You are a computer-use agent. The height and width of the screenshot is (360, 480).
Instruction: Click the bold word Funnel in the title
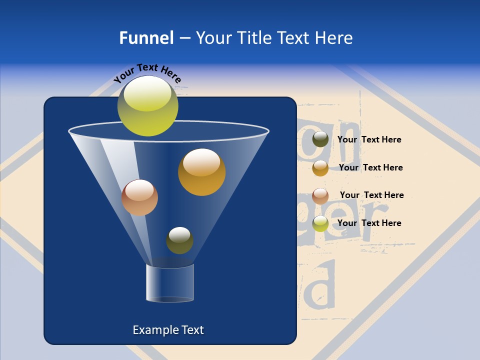(x=146, y=38)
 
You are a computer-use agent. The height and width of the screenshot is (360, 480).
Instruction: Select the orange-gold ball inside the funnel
(x=202, y=172)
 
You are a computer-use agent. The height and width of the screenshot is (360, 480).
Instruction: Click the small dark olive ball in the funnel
(x=179, y=240)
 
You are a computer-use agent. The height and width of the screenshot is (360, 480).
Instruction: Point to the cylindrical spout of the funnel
(x=170, y=283)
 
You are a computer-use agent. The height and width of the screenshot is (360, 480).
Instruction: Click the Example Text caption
(x=168, y=330)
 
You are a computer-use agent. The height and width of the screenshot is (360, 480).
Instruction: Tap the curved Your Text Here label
(x=147, y=73)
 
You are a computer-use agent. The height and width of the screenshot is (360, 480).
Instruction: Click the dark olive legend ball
(x=320, y=139)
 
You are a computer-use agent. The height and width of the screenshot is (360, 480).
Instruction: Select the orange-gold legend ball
(x=320, y=168)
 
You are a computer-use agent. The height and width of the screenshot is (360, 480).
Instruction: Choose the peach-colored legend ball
(x=320, y=195)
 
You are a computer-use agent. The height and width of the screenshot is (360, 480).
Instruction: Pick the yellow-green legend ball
(x=320, y=223)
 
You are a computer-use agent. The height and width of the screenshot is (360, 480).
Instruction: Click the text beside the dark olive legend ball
(x=369, y=140)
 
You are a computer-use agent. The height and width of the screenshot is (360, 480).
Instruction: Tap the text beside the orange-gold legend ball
(x=370, y=167)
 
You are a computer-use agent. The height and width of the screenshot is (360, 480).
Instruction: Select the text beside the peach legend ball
(x=371, y=195)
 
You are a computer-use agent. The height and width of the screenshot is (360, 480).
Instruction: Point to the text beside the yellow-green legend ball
(x=369, y=223)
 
